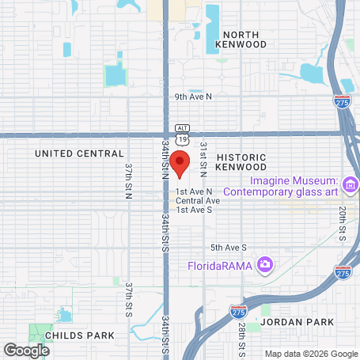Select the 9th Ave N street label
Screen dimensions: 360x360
pos(195,97)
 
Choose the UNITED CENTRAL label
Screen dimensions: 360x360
pos(80,153)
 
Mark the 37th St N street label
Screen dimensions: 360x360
pos(128,181)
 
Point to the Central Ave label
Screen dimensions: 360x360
pos(198,200)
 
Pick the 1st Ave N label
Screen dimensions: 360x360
pos(195,191)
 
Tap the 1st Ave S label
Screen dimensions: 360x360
pos(195,210)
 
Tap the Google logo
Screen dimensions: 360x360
pos(27,349)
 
